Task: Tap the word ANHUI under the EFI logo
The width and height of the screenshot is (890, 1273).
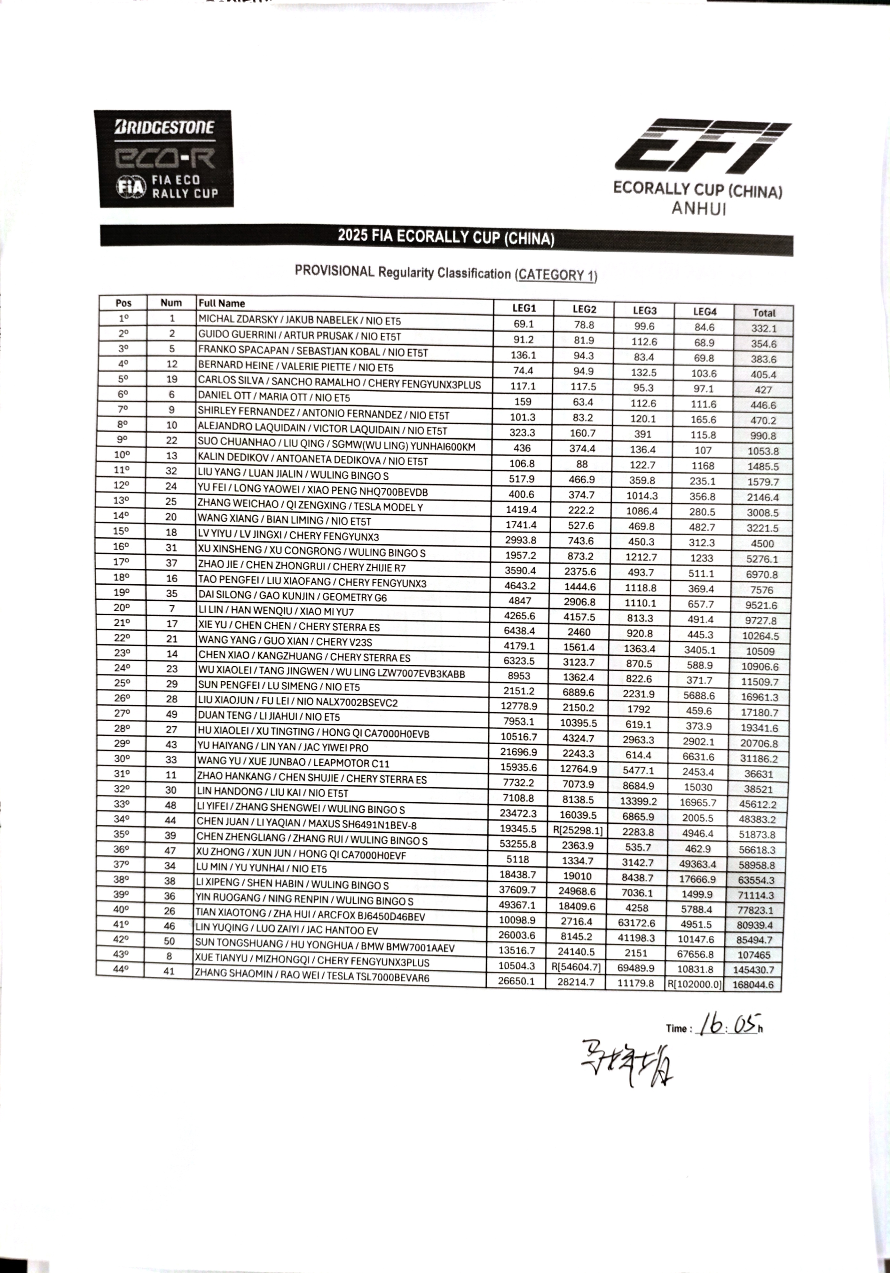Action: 698,208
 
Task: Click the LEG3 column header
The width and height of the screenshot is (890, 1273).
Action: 644,310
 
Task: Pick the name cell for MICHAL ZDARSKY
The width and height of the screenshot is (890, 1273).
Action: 299,320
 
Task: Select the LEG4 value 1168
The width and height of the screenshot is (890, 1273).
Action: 703,466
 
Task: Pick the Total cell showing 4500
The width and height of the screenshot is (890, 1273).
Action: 762,543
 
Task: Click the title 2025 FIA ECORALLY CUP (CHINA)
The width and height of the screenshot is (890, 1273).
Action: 446,237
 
